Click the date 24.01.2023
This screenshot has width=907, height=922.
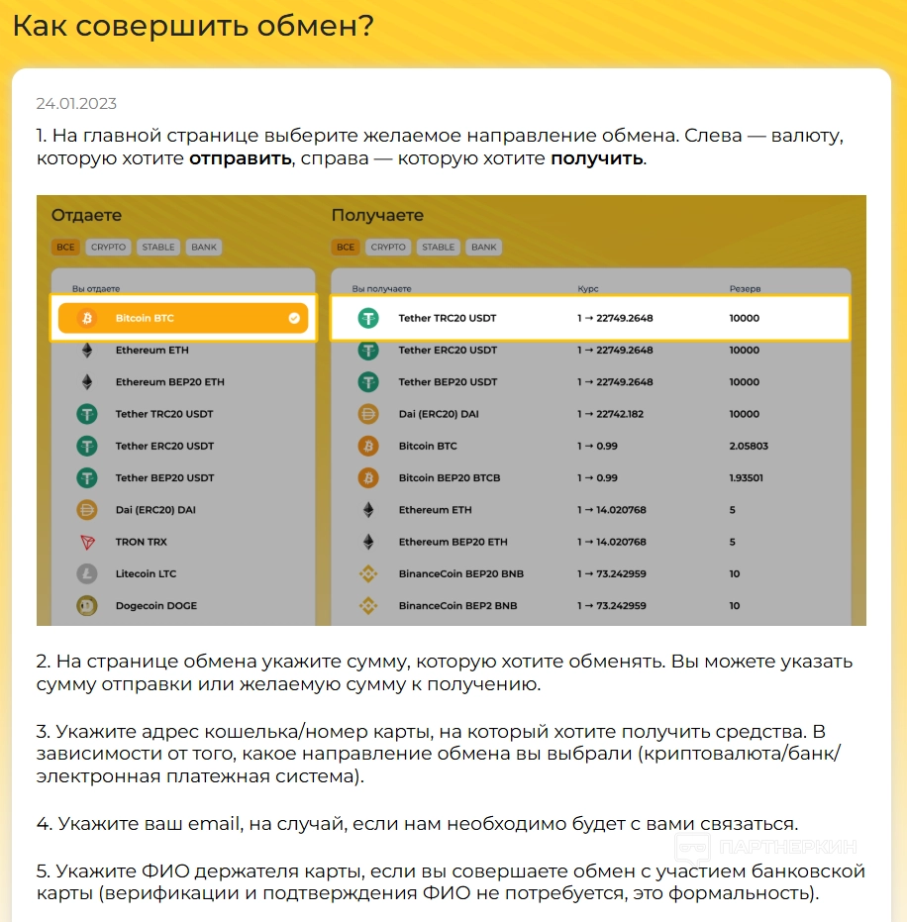[x=76, y=104]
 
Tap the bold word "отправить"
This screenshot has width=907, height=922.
[x=241, y=158]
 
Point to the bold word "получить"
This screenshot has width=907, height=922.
[x=597, y=158]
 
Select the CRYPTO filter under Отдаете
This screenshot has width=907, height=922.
[x=109, y=247]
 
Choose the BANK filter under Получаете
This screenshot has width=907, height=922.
[x=484, y=247]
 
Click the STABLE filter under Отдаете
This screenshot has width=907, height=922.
[x=158, y=247]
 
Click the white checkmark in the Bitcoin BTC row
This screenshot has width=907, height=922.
[x=294, y=318]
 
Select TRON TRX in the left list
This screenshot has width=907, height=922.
[x=142, y=542]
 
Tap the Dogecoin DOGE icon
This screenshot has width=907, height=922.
[x=87, y=605]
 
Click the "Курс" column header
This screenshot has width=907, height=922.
[x=588, y=288]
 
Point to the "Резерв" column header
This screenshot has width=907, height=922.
[x=746, y=288]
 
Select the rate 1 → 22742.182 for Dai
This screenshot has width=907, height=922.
[x=611, y=414]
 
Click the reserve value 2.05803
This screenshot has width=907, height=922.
[x=749, y=446]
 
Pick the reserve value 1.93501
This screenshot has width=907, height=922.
[x=747, y=477]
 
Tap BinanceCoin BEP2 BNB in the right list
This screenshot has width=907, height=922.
[x=457, y=605]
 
